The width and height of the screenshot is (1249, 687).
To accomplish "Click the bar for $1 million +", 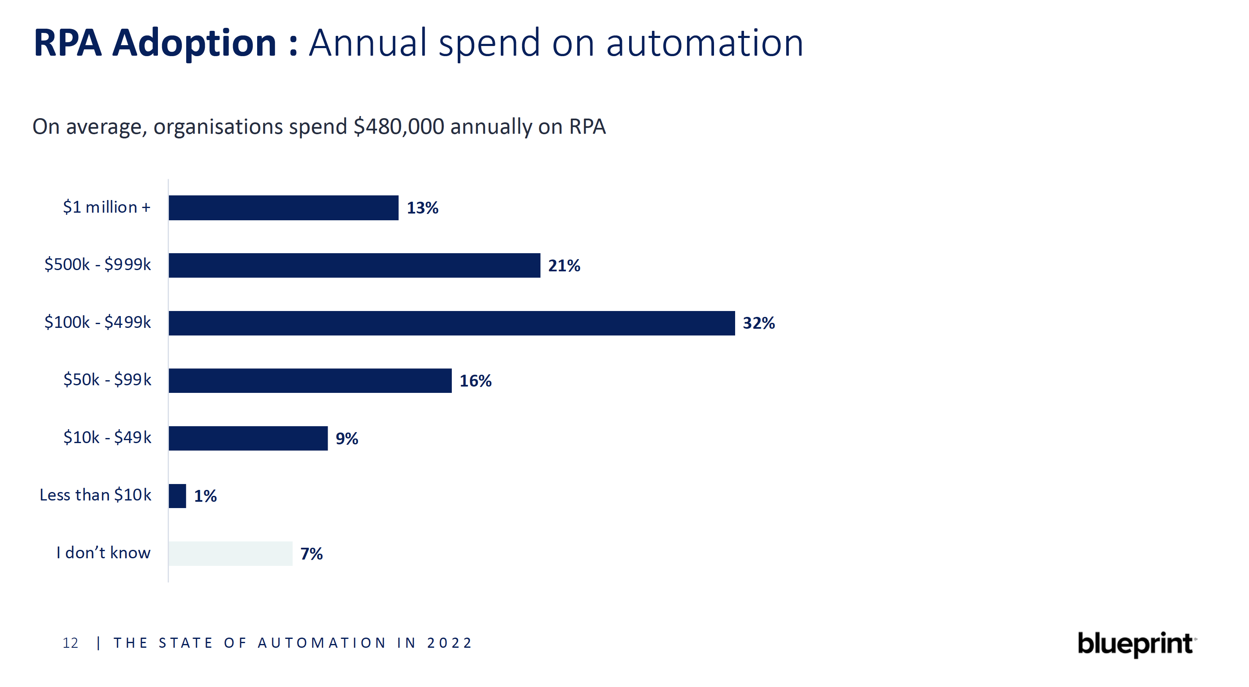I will pos(284,208).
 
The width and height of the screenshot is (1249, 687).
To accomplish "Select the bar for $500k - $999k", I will pos(354,265).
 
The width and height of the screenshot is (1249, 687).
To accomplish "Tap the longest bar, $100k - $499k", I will pos(451,323).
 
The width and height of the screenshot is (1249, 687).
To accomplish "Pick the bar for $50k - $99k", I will pos(310,381).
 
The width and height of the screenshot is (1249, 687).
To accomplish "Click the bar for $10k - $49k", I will pos(248,438).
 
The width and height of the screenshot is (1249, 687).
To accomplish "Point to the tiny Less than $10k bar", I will pos(177,496).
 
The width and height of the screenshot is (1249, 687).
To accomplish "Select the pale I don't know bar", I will pos(231,554).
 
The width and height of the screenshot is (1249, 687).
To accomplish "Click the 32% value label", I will pos(759,323).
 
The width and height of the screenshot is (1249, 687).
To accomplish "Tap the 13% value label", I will pos(422,208).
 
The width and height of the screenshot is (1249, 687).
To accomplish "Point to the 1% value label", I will pos(205,496).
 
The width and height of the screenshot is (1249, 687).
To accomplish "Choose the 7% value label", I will pos(311,554).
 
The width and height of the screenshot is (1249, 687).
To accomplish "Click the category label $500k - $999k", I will pos(98,265).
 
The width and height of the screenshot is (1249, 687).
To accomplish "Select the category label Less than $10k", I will pos(95,495).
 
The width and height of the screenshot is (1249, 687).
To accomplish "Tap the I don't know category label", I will pos(103,553).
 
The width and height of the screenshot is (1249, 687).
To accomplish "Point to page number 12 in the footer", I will pos(71,644).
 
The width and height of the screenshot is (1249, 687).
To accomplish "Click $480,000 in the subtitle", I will pos(399,127).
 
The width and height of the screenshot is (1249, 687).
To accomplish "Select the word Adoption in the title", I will pos(194,43).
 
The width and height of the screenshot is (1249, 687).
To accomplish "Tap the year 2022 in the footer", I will pos(449,644).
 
